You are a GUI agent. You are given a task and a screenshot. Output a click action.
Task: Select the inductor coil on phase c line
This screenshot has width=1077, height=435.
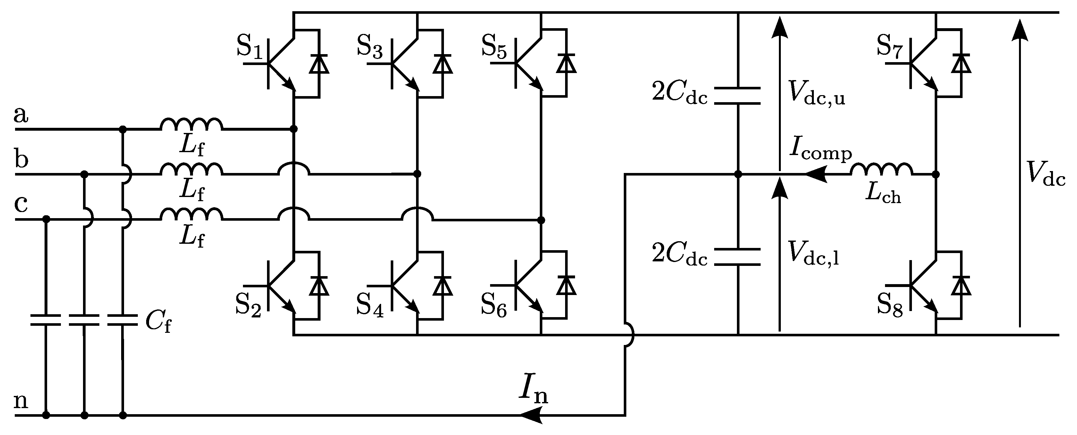coord(191,214)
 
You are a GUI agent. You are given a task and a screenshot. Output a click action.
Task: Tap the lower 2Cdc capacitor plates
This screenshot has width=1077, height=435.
coord(738,257)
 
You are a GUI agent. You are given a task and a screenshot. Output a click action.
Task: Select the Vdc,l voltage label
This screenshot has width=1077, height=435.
coord(813,254)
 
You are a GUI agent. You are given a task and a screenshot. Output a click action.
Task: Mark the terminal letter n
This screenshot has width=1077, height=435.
coord(21,401)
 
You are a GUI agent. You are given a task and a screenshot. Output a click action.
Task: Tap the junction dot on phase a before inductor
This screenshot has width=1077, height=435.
coord(122,129)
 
